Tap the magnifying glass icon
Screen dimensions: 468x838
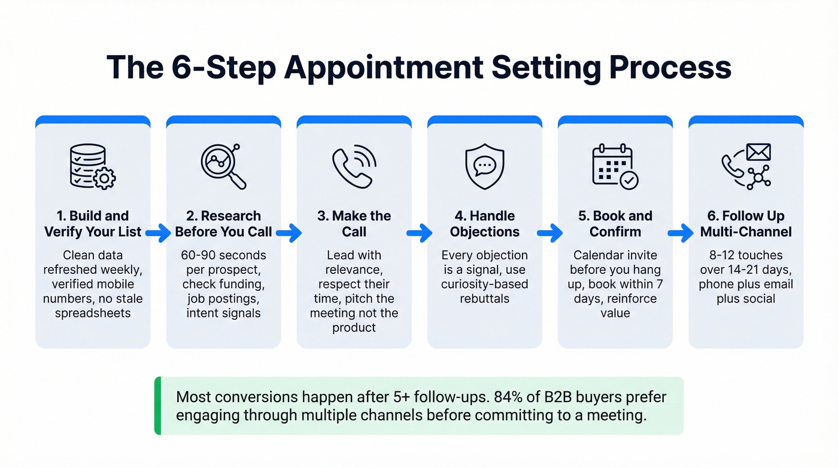223,166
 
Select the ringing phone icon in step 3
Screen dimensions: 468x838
354,165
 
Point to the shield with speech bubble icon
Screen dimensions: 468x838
484,166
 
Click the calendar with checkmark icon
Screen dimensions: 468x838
615,166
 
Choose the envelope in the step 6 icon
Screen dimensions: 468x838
758,153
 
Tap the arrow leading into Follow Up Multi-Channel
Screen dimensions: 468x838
681,233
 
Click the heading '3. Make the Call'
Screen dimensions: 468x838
354,224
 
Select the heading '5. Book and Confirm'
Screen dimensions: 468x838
615,224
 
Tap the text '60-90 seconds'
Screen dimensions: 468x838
223,255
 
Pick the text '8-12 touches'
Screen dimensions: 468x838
745,255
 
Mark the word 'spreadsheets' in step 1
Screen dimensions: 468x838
93,313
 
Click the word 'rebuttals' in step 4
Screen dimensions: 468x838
484,298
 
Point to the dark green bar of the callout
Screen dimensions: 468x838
157,406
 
